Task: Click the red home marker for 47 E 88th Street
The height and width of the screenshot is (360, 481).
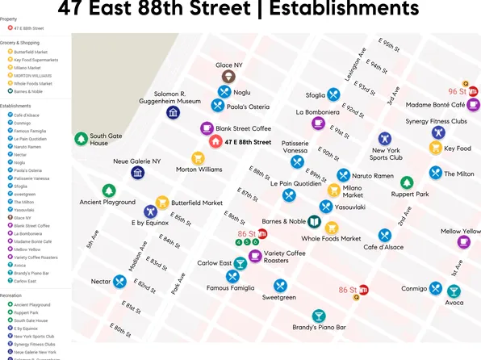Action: tap(215, 142)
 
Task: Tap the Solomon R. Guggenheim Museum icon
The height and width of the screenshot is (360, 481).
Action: tap(173, 112)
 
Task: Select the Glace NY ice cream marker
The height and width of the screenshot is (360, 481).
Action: tap(229, 76)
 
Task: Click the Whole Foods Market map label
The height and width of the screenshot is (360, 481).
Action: tap(331, 238)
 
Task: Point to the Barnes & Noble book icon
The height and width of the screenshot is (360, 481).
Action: tap(314, 221)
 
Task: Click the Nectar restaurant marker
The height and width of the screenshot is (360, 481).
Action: tap(120, 281)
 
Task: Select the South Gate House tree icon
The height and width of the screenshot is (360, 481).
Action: tap(82, 139)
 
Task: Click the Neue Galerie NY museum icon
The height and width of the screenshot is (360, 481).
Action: tap(138, 172)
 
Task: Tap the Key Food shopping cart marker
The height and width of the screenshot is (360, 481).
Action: tap(436, 148)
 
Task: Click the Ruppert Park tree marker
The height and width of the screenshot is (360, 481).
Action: tap(407, 182)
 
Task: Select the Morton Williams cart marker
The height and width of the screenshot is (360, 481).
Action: tap(198, 158)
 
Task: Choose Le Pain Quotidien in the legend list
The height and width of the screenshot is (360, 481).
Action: tap(30, 139)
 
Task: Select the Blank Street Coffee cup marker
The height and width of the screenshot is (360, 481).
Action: tap(207, 128)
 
